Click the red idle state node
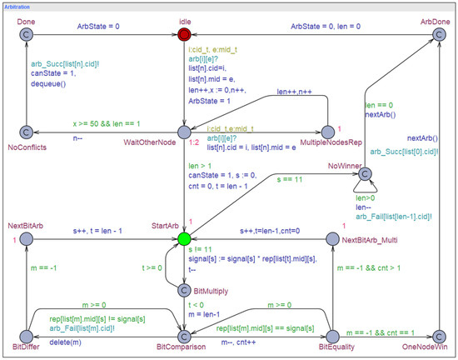point(184,34)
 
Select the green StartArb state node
point(184,240)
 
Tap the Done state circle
point(26,34)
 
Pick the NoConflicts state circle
point(26,132)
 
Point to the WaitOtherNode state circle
point(184,132)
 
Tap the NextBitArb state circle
point(26,240)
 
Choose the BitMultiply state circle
point(184,290)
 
